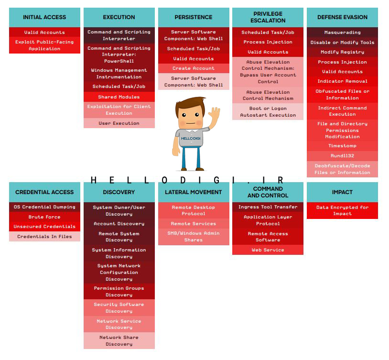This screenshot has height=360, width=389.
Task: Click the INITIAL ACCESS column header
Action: tap(44, 17)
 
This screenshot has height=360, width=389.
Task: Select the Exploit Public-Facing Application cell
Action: tap(44, 45)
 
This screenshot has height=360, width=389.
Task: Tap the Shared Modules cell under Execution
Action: tap(119, 97)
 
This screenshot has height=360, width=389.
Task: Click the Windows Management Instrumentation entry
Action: tap(119, 74)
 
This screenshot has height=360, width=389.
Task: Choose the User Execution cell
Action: tap(119, 123)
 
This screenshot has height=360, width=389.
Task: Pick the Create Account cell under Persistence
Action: tap(194, 68)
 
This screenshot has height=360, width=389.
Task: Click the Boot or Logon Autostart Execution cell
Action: tap(268, 112)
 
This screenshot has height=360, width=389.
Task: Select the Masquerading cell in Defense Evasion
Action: tap(342, 33)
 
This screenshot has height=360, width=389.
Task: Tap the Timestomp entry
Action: tap(342, 146)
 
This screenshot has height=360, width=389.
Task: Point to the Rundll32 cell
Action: tap(342, 156)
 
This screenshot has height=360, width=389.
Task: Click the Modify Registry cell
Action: tap(342, 52)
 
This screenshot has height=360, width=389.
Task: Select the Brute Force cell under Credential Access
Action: tap(44, 217)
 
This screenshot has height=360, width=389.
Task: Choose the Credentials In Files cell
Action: tap(44, 236)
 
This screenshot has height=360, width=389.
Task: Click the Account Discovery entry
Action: tap(119, 224)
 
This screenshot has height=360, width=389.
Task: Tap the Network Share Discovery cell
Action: tap(119, 340)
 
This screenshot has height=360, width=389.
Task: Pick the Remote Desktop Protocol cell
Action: tap(194, 210)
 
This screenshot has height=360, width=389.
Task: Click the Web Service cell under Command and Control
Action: tap(268, 250)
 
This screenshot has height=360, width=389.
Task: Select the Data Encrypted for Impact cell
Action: tap(342, 210)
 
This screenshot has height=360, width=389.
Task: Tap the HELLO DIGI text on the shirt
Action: tap(191, 138)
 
